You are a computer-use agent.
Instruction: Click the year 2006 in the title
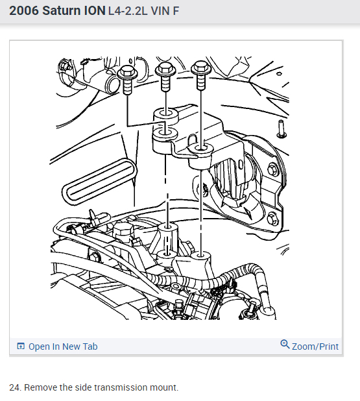[x=24, y=11]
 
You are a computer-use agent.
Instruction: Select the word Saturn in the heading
[x=60, y=11]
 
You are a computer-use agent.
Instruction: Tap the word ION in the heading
[x=93, y=11]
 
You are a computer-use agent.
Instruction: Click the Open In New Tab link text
[x=63, y=346]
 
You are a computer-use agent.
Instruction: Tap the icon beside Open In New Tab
[x=21, y=346]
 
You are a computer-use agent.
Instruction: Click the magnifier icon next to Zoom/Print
[x=285, y=345]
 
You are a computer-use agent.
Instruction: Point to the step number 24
[x=14, y=388]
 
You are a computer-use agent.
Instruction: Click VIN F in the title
[x=171, y=12]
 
